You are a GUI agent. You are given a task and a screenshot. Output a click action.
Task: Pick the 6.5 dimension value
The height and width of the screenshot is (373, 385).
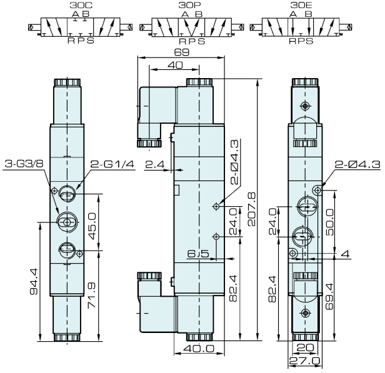coord(197,253)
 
